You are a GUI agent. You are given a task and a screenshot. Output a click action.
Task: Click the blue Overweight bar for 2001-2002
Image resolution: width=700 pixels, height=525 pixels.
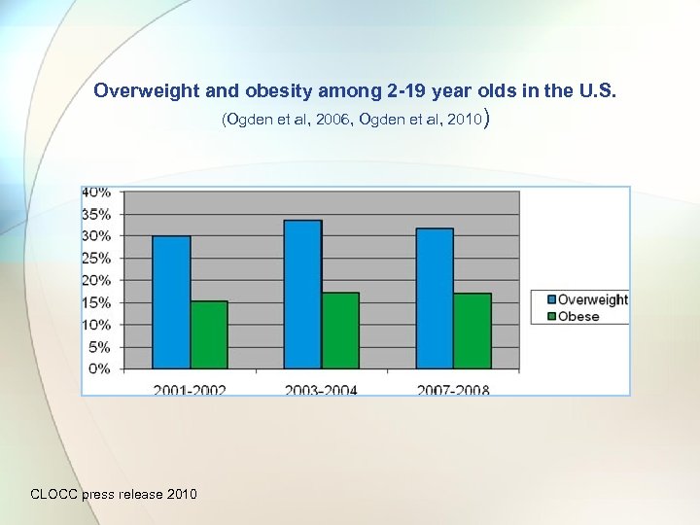(x=171, y=301)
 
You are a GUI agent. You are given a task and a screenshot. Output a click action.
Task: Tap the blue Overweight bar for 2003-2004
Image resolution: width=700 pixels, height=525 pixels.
(x=302, y=294)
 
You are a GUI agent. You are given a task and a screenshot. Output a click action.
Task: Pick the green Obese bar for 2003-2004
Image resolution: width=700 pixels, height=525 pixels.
(x=339, y=331)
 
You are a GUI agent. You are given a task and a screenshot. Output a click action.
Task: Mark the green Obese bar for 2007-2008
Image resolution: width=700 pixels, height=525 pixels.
(x=472, y=331)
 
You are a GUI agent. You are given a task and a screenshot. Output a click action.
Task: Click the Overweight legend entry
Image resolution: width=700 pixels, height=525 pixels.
(x=586, y=300)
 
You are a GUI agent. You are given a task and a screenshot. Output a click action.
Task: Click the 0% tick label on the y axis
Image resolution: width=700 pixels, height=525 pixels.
(x=99, y=368)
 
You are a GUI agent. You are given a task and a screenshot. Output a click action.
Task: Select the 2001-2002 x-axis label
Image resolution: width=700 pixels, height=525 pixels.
(x=190, y=389)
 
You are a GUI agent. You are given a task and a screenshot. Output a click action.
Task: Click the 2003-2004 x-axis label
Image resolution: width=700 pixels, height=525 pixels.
(x=321, y=389)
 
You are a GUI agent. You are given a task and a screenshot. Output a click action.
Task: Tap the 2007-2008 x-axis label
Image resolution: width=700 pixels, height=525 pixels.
(x=453, y=389)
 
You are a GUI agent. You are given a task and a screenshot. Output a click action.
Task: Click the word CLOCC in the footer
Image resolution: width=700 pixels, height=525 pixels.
(x=56, y=494)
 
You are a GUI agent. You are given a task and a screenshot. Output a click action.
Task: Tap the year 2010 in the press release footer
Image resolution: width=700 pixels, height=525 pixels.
(x=182, y=494)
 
